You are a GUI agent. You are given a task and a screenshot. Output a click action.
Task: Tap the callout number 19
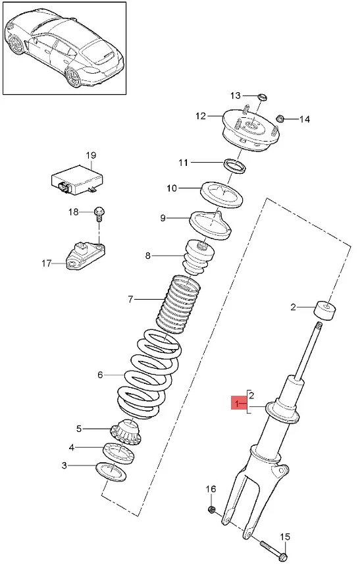point(91,156)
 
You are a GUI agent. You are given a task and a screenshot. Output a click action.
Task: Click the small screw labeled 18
point(99,212)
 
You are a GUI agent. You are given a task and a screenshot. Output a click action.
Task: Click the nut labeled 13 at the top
point(261,97)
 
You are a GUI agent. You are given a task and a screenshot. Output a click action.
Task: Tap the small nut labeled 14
point(280,119)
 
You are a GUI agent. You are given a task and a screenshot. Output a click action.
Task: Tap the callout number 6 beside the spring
point(100,375)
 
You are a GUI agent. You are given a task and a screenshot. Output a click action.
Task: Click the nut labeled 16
point(212,510)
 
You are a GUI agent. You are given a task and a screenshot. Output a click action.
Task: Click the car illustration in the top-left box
point(64,47)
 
